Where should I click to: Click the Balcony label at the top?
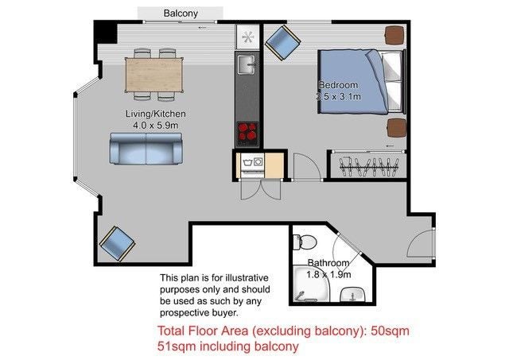[181, 14]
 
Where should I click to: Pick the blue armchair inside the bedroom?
[280, 41]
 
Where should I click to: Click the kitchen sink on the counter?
[247, 64]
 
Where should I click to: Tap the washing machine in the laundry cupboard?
[252, 165]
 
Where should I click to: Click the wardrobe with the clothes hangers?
[367, 165]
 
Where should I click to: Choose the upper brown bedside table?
[394, 35]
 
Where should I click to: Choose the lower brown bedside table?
[395, 128]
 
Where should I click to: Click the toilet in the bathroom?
[309, 242]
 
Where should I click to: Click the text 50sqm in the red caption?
[387, 330]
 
